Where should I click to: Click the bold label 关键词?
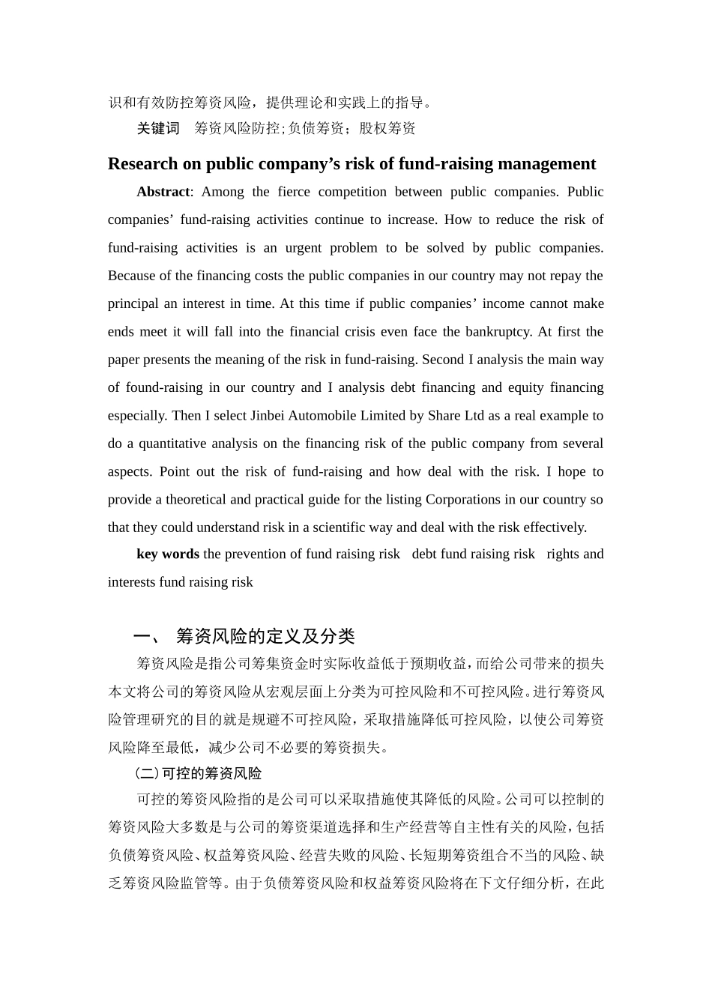coord(158,128)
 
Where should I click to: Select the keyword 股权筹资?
coord(387,128)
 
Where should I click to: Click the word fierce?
coord(294,192)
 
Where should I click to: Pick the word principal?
coord(133,304)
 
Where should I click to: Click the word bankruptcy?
coord(498,332)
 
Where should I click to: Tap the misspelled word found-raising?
coord(164,388)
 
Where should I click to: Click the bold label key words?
coord(168,554)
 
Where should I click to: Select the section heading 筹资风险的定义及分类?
coord(265,637)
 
